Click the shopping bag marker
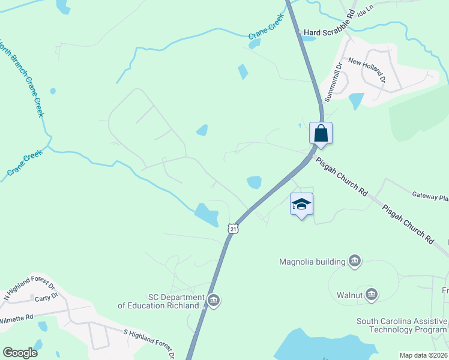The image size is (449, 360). [321, 133]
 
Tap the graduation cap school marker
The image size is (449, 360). [301, 204]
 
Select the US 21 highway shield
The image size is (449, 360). [233, 228]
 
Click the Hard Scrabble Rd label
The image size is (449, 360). [330, 32]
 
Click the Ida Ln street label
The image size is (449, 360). [364, 12]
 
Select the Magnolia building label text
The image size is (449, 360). [312, 262]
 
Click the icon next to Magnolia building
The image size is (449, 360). [355, 260]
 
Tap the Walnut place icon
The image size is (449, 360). [372, 295]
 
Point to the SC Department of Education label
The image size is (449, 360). [161, 301]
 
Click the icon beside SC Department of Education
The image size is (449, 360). [214, 301]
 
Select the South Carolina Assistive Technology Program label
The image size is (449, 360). [402, 325]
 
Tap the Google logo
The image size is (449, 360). [20, 353]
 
